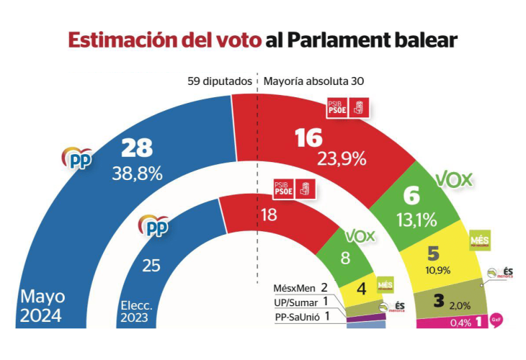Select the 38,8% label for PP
click(x=137, y=173)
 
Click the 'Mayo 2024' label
click(x=43, y=305)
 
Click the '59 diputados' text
click(x=219, y=81)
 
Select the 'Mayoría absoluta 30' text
click(x=313, y=81)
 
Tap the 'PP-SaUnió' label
click(x=297, y=315)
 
